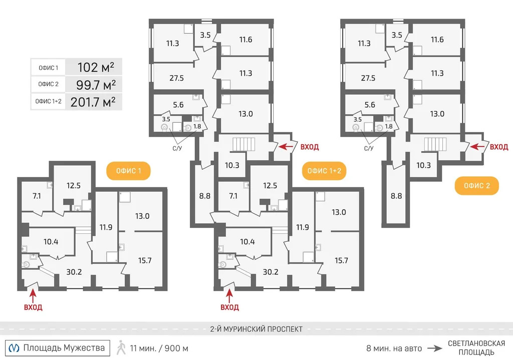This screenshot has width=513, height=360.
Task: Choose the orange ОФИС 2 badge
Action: tap(476, 186)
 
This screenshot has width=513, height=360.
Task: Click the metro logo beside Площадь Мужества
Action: tap(16, 347)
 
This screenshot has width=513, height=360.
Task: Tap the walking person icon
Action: tap(121, 347)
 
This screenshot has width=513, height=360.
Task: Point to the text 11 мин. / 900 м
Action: tap(159, 348)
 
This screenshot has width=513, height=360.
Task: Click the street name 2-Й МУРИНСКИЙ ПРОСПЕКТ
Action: tap(256, 329)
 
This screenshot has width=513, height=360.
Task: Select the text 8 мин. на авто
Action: tap(394, 348)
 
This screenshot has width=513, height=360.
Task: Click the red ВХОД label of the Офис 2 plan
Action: tap(498, 147)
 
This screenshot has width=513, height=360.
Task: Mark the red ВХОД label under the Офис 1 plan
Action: tap(33, 307)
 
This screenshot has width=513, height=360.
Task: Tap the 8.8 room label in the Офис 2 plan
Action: tap(396, 196)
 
